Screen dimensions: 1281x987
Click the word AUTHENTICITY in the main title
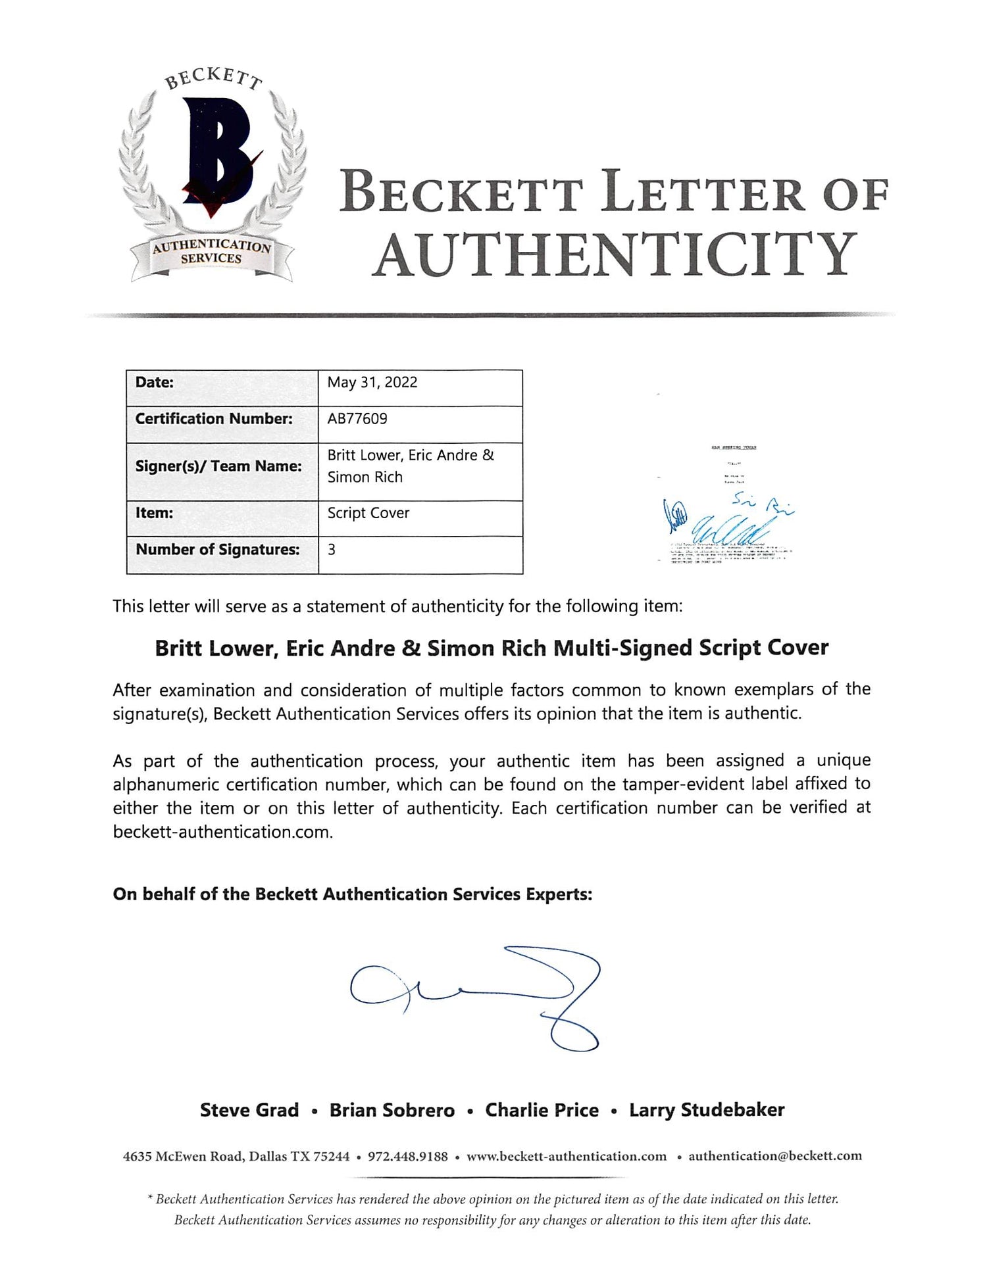coord(615,254)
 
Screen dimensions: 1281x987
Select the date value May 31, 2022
coord(372,383)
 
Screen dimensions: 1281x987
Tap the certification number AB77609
coord(357,419)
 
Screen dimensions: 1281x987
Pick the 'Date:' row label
coord(155,383)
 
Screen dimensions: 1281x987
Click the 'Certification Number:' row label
coord(214,419)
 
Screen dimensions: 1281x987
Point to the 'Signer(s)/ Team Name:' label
coord(218,466)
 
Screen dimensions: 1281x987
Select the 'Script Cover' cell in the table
coord(368,513)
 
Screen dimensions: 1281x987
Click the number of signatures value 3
coord(332,550)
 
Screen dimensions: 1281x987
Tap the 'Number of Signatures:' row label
coord(218,550)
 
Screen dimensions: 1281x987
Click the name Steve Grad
coord(249,1111)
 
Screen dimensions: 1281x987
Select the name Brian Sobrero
coord(392,1111)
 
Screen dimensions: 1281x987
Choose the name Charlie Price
coord(542,1111)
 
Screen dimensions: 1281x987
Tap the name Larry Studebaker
coord(707,1111)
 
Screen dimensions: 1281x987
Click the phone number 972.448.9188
coord(407,1157)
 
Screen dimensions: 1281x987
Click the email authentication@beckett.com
coord(775,1157)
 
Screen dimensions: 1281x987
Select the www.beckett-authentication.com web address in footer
coord(567,1157)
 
